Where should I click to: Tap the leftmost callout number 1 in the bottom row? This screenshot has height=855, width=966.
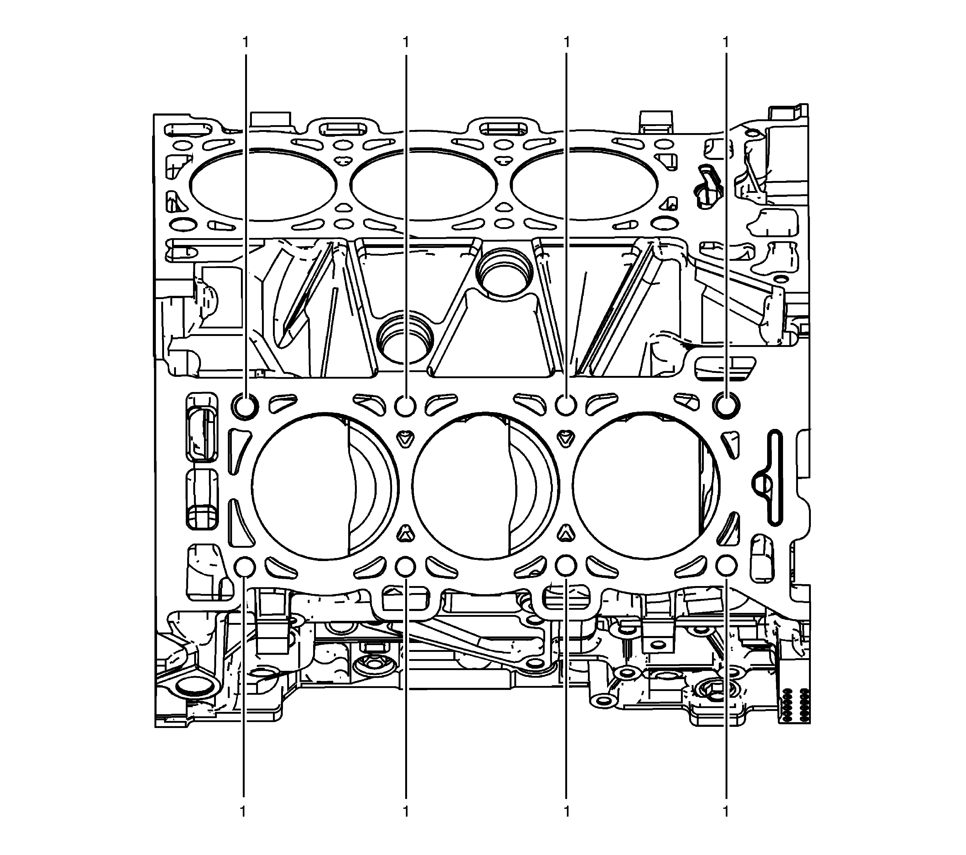tap(243, 812)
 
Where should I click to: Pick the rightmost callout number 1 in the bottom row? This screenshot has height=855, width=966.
tap(726, 812)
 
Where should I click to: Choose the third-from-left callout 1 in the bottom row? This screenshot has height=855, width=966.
tap(566, 812)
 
